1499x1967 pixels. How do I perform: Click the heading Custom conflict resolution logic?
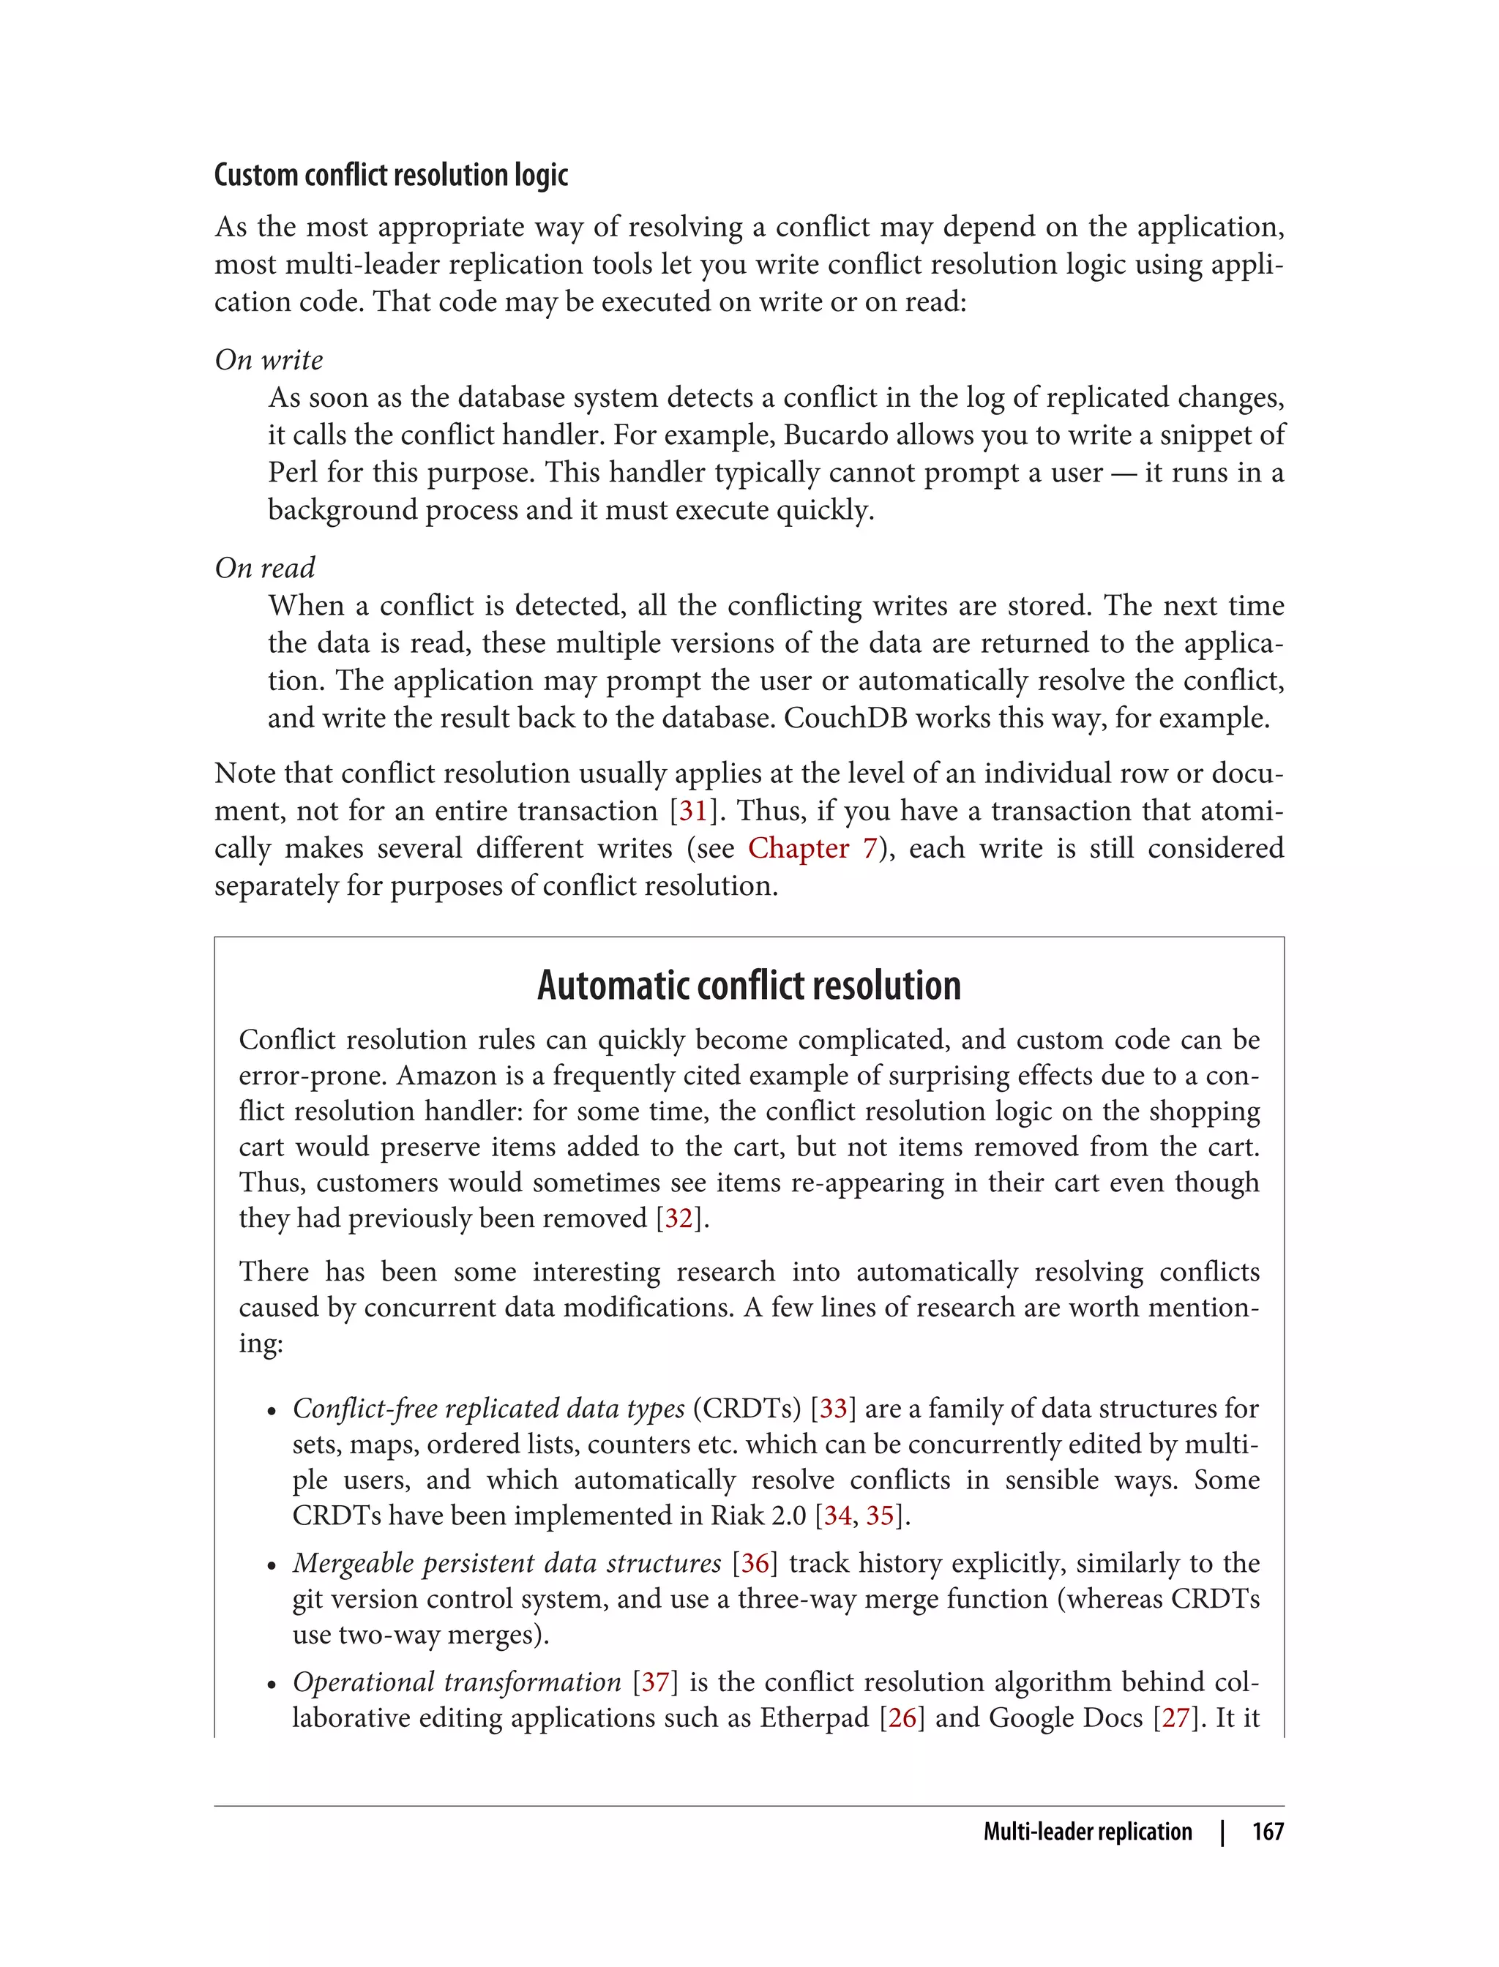point(391,175)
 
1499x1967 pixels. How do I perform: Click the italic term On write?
point(269,359)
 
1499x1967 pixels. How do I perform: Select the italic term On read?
point(265,567)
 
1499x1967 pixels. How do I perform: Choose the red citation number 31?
point(692,810)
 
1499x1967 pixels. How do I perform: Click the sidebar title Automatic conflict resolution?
point(749,985)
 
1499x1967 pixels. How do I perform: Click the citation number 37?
point(655,1682)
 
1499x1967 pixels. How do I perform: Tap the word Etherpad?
point(814,1717)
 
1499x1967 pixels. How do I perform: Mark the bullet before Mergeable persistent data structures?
point(272,1565)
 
